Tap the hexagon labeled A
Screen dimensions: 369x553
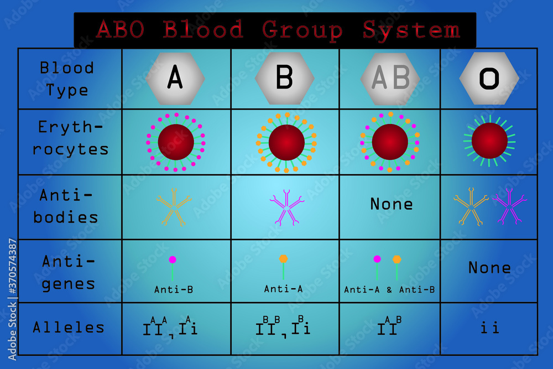click(x=175, y=78)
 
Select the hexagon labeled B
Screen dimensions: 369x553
click(x=284, y=78)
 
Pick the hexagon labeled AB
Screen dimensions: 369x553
click(x=390, y=78)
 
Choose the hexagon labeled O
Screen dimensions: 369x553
click(x=489, y=78)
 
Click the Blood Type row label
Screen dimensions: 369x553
click(x=67, y=79)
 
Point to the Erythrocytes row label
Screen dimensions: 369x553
click(x=70, y=138)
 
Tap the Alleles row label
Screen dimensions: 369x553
click(x=69, y=327)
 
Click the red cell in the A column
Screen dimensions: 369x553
click(x=176, y=142)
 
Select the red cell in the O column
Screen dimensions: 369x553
click(x=489, y=141)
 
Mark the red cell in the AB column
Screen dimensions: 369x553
click(x=390, y=142)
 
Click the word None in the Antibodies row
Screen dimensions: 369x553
click(x=392, y=204)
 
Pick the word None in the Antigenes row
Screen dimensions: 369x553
click(x=489, y=268)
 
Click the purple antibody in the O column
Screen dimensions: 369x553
click(x=509, y=206)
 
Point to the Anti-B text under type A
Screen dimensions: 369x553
click(x=174, y=289)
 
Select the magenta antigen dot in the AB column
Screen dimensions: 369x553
click(x=377, y=259)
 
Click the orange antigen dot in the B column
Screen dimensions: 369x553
click(x=283, y=258)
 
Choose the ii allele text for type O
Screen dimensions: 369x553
click(x=489, y=328)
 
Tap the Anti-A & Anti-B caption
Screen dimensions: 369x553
click(x=389, y=289)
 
